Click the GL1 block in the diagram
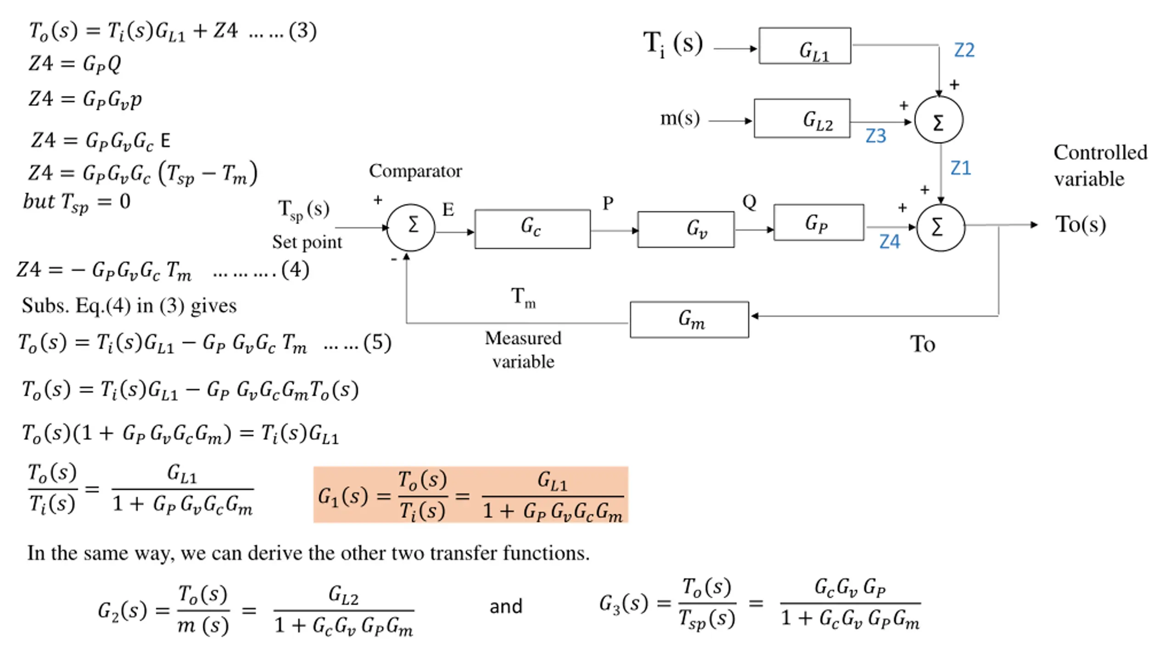point(804,46)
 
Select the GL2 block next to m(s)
point(801,118)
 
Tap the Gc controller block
point(532,229)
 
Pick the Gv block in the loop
point(686,229)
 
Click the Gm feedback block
point(689,319)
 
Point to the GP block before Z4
point(818,223)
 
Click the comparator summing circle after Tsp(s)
point(411,227)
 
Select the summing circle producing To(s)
point(940,228)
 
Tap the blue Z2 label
point(964,50)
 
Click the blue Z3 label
point(875,136)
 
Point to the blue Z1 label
point(961,168)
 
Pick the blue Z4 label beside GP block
point(889,242)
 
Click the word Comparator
point(415,171)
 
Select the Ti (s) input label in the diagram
point(672,45)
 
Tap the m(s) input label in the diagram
point(680,118)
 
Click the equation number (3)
point(302,31)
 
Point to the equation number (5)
point(377,343)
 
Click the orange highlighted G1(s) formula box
point(470,495)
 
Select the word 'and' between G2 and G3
point(506,607)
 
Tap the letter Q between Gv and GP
point(749,202)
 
